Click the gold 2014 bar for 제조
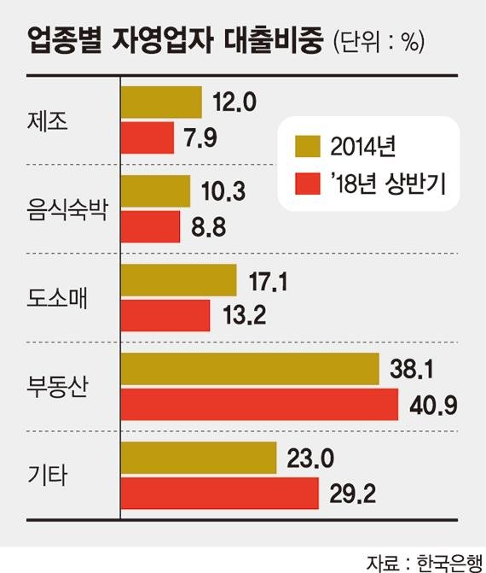(x=161, y=102)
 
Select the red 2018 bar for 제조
(x=148, y=138)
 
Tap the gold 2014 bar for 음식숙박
(x=155, y=191)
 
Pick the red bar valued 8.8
(x=150, y=227)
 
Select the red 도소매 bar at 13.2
(x=165, y=316)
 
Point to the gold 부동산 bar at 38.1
(x=250, y=369)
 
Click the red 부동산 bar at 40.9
(x=259, y=405)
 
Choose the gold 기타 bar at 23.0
(x=199, y=458)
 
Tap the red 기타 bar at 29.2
(x=219, y=494)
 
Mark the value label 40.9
(x=434, y=405)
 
